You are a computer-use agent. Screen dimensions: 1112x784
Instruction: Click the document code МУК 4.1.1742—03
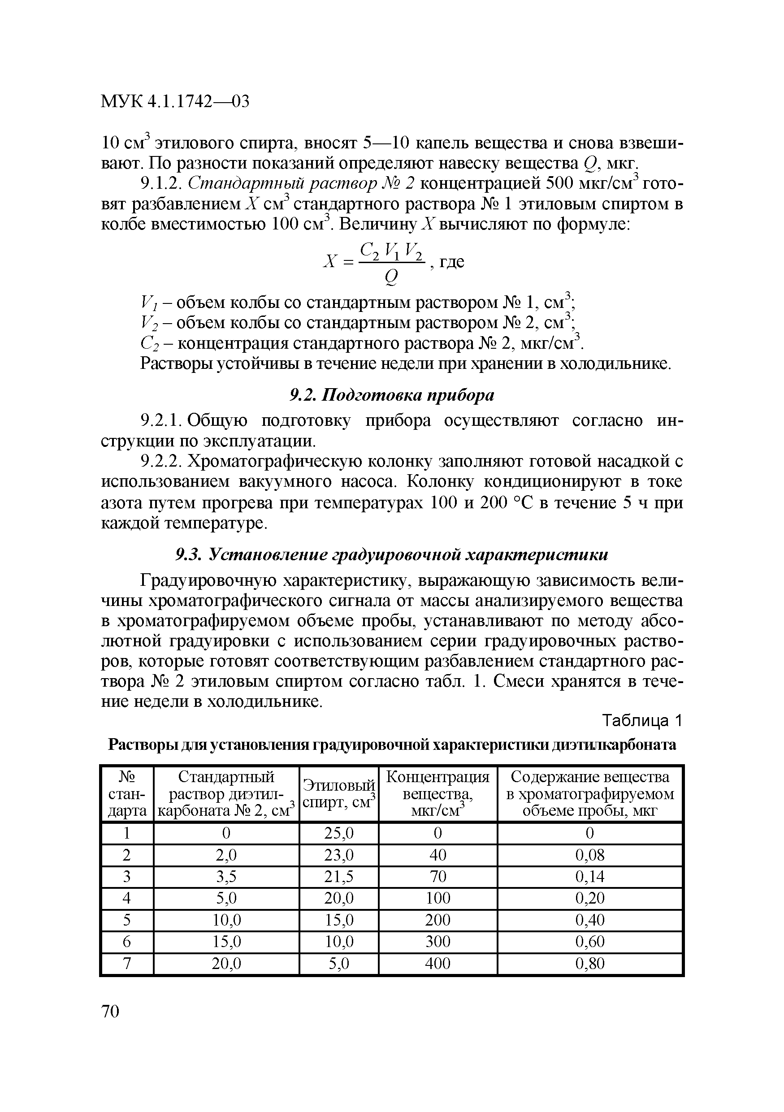(175, 101)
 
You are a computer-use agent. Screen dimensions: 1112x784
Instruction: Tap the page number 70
(110, 1011)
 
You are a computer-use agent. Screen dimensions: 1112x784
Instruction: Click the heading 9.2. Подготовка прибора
(392, 396)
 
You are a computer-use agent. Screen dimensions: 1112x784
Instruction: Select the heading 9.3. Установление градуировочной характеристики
(392, 554)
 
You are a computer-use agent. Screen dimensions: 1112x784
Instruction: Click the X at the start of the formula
(330, 262)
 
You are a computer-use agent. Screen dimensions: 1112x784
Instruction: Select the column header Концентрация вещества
(438, 794)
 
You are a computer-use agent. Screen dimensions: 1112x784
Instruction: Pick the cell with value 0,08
(590, 855)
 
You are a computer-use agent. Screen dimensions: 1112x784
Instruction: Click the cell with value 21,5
(339, 877)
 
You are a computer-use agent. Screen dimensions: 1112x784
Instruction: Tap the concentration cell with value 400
(438, 963)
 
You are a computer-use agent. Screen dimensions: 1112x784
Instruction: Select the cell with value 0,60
(590, 942)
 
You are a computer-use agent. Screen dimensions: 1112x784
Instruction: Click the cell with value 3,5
(226, 877)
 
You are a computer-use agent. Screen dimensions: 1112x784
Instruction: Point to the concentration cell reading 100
(438, 898)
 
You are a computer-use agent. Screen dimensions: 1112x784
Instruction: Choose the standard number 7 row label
(127, 963)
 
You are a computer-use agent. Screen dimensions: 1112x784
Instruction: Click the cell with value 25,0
(339, 834)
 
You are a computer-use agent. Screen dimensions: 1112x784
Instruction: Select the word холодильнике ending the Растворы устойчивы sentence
(615, 364)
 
